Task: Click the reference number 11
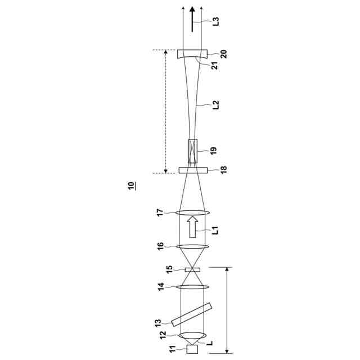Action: pyautogui.click(x=173, y=349)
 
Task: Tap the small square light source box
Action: pyautogui.click(x=192, y=349)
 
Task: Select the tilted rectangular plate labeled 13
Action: pyautogui.click(x=191, y=314)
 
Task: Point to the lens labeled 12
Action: pyautogui.click(x=192, y=335)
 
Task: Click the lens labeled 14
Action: pyautogui.click(x=192, y=287)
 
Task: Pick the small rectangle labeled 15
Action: pyautogui.click(x=192, y=270)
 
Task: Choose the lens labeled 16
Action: pyautogui.click(x=192, y=246)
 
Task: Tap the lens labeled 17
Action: pyautogui.click(x=192, y=213)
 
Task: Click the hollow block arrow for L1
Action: pyautogui.click(x=192, y=227)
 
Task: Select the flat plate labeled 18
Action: pyautogui.click(x=193, y=170)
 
